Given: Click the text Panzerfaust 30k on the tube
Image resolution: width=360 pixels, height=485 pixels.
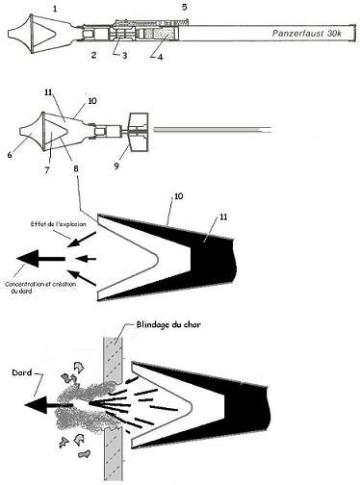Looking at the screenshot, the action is pyautogui.click(x=306, y=34).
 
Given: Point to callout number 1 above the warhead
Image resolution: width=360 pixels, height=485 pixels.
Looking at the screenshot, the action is pyautogui.click(x=55, y=9).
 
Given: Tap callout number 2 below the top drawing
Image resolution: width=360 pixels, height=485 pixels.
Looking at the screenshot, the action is pyautogui.click(x=93, y=55).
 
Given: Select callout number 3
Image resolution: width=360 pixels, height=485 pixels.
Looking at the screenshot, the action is pyautogui.click(x=124, y=56).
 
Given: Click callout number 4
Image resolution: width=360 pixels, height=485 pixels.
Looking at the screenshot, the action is pyautogui.click(x=160, y=57).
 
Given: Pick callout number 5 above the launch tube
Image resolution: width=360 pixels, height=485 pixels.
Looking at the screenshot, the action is pyautogui.click(x=184, y=7).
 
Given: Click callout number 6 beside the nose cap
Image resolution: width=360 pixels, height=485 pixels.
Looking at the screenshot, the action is pyautogui.click(x=10, y=155).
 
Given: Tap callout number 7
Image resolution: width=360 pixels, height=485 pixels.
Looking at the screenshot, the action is pyautogui.click(x=47, y=170).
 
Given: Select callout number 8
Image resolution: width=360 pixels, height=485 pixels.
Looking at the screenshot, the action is pyautogui.click(x=76, y=168).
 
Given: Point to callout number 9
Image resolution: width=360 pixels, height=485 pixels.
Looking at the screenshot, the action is pyautogui.click(x=116, y=166).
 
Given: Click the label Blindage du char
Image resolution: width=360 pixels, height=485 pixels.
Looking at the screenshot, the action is pyautogui.click(x=168, y=324).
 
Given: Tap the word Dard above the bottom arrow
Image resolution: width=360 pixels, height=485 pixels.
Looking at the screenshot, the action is pyautogui.click(x=21, y=372).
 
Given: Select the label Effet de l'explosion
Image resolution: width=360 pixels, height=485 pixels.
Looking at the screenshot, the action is pyautogui.click(x=59, y=224).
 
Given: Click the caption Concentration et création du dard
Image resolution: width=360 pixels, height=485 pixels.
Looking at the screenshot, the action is pyautogui.click(x=40, y=288).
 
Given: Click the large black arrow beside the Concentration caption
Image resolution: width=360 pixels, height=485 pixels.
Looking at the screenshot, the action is pyautogui.click(x=41, y=259).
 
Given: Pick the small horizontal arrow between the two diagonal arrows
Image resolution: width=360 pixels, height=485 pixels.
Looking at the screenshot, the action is pyautogui.click(x=86, y=258).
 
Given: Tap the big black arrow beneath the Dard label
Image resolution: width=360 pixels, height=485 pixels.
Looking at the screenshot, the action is pyautogui.click(x=48, y=405).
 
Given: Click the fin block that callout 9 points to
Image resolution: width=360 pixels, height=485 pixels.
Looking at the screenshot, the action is pyautogui.click(x=139, y=132).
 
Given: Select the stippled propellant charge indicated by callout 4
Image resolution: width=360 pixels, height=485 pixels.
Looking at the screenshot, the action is pyautogui.click(x=160, y=34).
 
